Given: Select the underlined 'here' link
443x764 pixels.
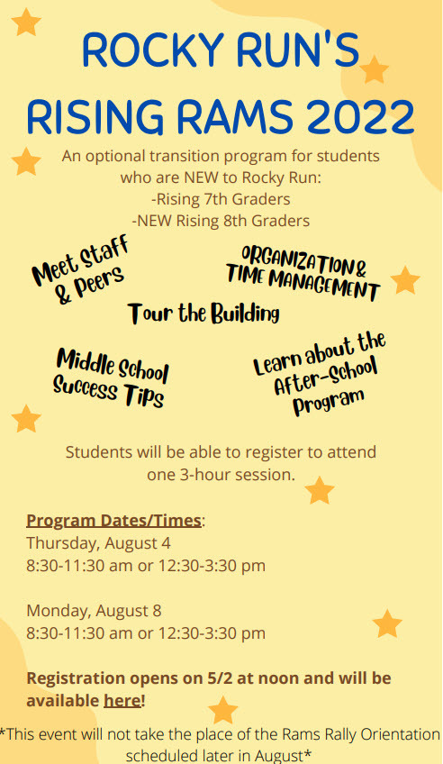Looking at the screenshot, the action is (122, 700).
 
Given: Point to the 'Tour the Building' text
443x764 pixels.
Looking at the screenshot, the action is (203, 314).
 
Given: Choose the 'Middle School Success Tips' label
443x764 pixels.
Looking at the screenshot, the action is (111, 377).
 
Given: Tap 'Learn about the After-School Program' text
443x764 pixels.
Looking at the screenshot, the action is (321, 374).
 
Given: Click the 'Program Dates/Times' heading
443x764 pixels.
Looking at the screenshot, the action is (114, 520).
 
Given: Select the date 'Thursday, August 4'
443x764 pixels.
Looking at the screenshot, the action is (98, 542).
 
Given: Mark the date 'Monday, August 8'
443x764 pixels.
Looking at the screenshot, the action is (94, 610).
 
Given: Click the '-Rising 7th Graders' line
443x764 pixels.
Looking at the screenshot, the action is (221, 198).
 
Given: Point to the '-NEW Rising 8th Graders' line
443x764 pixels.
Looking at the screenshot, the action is (221, 220).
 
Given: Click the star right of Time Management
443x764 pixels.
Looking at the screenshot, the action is (405, 280).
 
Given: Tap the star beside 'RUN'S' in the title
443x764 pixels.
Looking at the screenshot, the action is (374, 69).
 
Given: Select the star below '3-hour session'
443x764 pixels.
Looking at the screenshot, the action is (319, 490).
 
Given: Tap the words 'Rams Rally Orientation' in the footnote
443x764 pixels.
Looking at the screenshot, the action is (357, 733).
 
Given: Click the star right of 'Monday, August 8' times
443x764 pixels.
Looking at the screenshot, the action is (387, 623).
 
